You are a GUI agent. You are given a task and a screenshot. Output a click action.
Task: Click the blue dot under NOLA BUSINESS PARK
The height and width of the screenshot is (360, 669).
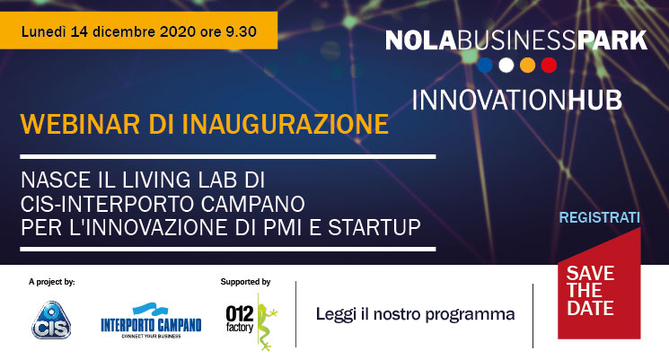pos(485,66)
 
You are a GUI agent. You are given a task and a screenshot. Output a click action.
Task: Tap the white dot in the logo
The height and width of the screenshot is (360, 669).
pos(506,66)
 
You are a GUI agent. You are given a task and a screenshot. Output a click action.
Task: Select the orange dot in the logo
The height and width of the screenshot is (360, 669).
pos(527,66)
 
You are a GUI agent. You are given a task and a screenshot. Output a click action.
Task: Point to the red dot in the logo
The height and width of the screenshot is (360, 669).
pos(549,66)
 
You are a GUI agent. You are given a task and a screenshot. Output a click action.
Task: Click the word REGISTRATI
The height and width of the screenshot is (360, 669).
pos(600,217)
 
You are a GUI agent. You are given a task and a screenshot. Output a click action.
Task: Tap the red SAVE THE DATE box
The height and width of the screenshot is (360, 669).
pos(599,290)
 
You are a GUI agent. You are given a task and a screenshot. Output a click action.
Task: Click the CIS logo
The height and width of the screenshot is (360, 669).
pos(51,320)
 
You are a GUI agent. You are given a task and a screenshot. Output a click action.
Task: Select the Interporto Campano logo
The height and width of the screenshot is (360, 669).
pos(151,320)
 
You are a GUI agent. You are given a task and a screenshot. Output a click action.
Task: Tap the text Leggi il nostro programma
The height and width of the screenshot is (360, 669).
pos(415,314)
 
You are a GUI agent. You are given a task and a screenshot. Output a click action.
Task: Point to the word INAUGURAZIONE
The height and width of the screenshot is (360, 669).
pos(286,124)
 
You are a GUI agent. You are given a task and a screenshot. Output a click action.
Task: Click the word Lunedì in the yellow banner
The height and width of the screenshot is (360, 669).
pos(44,31)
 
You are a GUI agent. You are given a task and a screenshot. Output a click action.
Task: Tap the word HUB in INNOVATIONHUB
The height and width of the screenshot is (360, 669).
pos(594,101)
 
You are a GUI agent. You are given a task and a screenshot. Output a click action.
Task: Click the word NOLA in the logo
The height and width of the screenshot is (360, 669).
pos(420,40)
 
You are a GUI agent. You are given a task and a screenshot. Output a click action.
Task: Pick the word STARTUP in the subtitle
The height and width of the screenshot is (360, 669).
pos(374,227)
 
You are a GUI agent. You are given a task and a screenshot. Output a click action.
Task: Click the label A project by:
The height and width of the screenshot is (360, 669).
pos(51,282)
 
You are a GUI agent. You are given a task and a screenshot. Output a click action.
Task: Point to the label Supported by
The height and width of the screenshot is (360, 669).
pos(245,282)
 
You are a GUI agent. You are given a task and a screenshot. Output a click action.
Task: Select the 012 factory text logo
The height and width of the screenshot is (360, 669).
pos(240,319)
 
